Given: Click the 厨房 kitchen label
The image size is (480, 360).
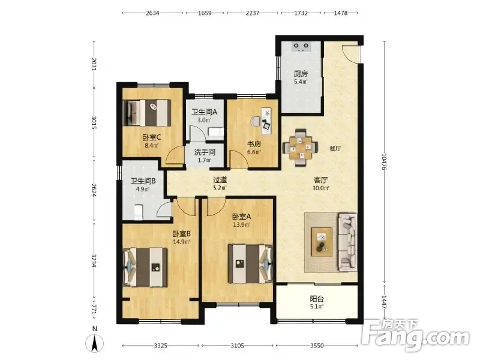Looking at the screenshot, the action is (301, 74).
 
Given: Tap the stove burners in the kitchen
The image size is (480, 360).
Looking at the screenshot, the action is (301, 47).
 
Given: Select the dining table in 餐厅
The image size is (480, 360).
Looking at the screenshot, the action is (301, 148).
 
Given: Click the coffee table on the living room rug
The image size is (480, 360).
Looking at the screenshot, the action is (322, 242).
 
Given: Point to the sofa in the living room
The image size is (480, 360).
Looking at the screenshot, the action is (347, 242).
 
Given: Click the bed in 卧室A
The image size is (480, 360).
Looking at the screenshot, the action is (250, 263).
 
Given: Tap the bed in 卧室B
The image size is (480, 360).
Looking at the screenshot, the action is (145, 267).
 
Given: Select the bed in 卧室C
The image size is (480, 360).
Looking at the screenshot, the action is (147, 113).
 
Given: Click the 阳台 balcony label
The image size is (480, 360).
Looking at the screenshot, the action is (317, 298).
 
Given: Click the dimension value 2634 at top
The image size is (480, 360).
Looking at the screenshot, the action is (152, 13).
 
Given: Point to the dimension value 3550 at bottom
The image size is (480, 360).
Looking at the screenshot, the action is (317, 346).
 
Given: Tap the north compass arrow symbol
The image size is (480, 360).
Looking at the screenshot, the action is (95, 343).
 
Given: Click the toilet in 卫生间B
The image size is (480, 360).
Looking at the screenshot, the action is (139, 212).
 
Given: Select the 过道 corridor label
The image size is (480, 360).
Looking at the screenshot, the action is (220, 179).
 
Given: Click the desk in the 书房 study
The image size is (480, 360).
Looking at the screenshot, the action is (266, 121).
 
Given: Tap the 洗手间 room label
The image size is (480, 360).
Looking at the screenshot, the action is (205, 152).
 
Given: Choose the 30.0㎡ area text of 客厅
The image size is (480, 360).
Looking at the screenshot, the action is (320, 188).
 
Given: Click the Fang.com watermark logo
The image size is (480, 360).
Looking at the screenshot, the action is (415, 335).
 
